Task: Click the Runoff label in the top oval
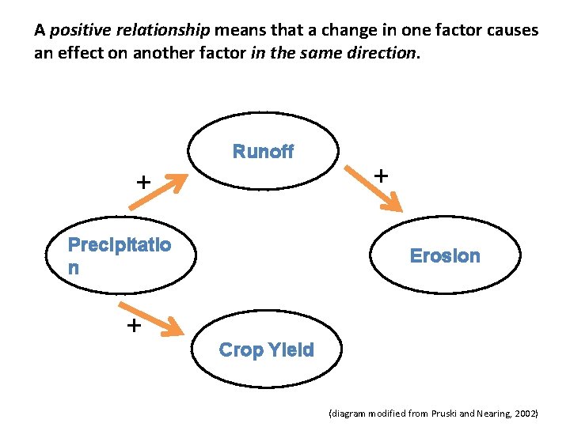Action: click(263, 152)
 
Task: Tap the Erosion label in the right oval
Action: click(444, 255)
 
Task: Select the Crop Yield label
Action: click(266, 350)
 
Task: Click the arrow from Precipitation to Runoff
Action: click(158, 191)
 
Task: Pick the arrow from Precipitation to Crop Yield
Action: click(157, 316)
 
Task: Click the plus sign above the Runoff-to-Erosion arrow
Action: click(381, 174)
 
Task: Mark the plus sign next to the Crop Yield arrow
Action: click(134, 325)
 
